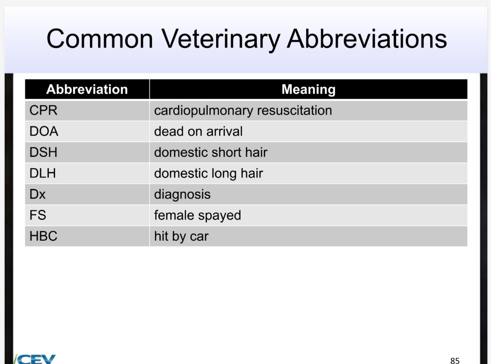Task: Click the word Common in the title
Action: click(x=100, y=39)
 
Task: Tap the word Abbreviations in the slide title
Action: click(x=367, y=39)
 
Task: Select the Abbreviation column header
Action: click(x=87, y=89)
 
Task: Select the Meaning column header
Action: click(x=308, y=89)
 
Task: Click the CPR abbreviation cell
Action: click(x=43, y=111)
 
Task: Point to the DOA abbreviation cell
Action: click(x=44, y=131)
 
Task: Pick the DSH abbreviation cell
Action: click(x=43, y=152)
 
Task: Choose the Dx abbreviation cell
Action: click(x=37, y=194)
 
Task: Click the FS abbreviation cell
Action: click(x=37, y=215)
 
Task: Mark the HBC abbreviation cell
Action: click(x=43, y=236)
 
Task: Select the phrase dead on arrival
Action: click(x=198, y=131)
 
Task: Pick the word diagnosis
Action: click(x=182, y=194)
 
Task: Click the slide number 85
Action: click(x=455, y=360)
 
